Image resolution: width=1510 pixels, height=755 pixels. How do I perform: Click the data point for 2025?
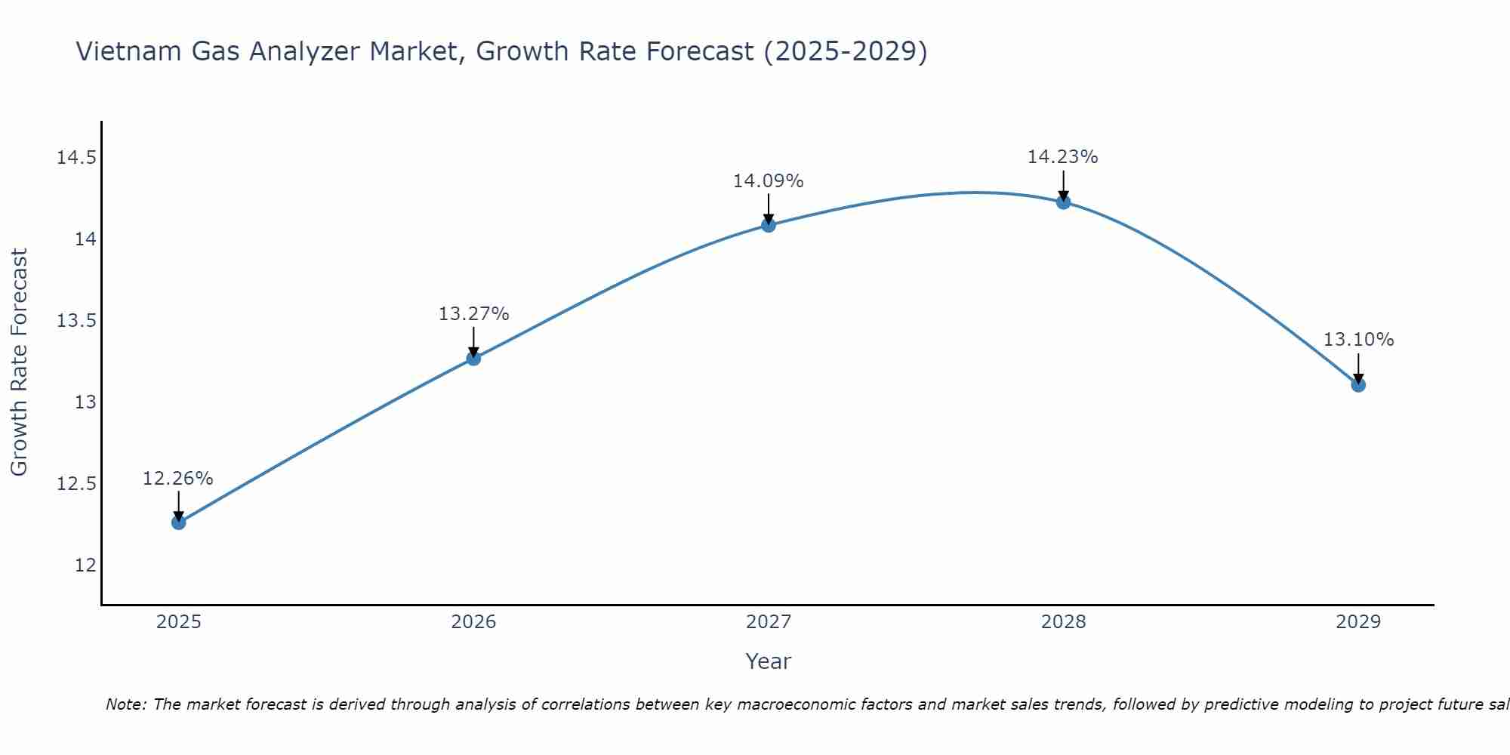click(x=178, y=522)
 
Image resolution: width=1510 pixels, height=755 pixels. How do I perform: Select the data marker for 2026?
click(x=473, y=358)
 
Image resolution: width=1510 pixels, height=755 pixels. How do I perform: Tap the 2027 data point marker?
click(x=769, y=224)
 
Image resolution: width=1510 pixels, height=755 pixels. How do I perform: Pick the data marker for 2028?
click(x=1063, y=202)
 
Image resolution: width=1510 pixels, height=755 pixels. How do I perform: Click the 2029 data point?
click(x=1358, y=385)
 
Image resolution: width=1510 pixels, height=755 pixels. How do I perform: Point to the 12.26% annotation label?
click(x=178, y=479)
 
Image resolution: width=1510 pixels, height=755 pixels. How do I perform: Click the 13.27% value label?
click(x=473, y=313)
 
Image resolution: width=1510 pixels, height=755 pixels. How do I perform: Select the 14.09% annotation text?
click(x=769, y=181)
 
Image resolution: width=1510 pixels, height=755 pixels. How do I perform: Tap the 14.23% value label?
click(x=1062, y=157)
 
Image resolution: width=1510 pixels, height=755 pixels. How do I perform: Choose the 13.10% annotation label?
click(x=1358, y=340)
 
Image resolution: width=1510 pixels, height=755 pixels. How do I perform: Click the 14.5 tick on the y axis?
click(x=76, y=158)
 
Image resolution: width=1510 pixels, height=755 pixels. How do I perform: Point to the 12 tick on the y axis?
click(x=85, y=565)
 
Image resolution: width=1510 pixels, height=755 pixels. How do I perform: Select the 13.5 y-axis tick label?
click(x=76, y=321)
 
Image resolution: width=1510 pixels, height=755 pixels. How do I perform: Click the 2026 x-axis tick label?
click(x=473, y=622)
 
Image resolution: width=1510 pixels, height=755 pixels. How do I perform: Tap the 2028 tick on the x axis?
click(x=1063, y=622)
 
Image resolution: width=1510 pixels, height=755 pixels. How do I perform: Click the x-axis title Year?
click(x=768, y=661)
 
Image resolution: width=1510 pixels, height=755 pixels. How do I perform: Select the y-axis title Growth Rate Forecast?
click(x=19, y=362)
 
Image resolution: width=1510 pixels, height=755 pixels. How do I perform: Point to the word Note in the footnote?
click(x=124, y=704)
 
